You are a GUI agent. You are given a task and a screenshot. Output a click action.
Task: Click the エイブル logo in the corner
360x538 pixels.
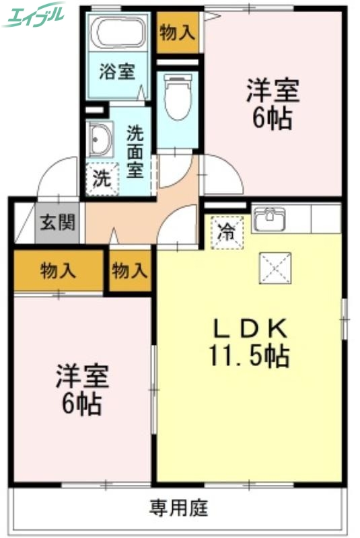pos(34,14)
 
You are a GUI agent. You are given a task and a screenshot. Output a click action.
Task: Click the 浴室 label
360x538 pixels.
pos(117,71)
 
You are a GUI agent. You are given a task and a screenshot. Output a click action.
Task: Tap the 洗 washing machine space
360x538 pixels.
pos(102,180)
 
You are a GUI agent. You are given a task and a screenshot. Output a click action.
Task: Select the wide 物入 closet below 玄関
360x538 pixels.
pos(58,272)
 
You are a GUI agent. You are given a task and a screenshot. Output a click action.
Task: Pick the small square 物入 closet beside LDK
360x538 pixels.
pos(129,272)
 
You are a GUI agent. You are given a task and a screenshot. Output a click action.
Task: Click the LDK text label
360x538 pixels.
pos(250,328)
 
